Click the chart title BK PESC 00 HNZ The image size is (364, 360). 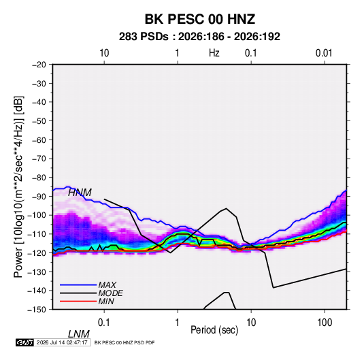(x=200, y=19)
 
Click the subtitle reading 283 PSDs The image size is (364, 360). (x=144, y=37)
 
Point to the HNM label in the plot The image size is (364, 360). (x=80, y=193)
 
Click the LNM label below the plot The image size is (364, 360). (x=78, y=334)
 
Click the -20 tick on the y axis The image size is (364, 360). (x=39, y=65)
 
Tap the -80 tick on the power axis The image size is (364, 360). (x=39, y=178)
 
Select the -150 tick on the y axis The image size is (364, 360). (x=37, y=310)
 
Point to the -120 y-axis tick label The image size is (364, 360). (x=37, y=253)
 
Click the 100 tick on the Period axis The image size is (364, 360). (x=325, y=323)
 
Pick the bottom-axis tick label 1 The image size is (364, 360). (x=178, y=323)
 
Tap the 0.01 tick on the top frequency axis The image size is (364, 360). (x=324, y=53)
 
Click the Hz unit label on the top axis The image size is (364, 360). (x=214, y=53)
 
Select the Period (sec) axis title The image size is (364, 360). (x=214, y=330)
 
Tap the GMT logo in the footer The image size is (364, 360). (x=24, y=342)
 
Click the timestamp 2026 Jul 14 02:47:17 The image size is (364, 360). (x=62, y=342)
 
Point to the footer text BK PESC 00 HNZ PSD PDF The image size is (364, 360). (x=125, y=342)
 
